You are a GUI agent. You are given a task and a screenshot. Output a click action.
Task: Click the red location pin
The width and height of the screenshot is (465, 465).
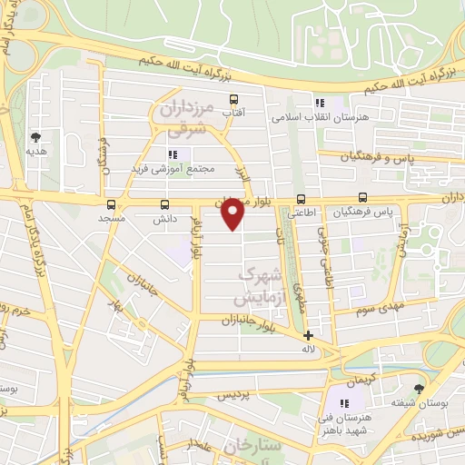(233, 213)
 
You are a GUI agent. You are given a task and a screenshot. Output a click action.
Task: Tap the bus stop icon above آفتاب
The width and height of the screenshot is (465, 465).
(233, 99)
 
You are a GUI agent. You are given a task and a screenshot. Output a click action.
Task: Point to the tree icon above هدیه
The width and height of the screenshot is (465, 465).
(35, 137)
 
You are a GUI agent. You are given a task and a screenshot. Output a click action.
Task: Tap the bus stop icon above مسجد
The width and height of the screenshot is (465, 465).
(111, 204)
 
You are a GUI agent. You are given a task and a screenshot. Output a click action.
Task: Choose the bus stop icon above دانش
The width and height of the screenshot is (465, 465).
(164, 204)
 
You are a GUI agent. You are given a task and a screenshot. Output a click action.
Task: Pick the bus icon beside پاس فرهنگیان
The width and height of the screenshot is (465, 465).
(363, 197)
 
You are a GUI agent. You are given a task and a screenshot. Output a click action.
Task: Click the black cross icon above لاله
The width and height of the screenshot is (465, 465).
(308, 334)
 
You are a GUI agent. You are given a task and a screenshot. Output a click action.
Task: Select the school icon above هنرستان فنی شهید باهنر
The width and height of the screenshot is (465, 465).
(345, 402)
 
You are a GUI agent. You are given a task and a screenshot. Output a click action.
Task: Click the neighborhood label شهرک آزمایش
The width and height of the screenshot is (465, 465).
(256, 285)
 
